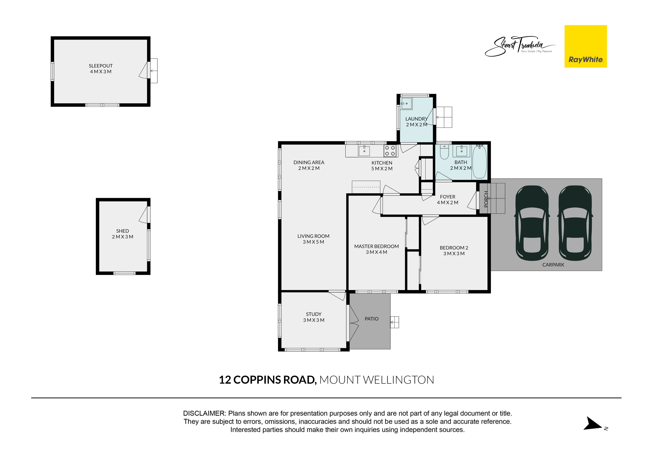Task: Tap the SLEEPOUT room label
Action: [101, 66]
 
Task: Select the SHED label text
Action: [123, 231]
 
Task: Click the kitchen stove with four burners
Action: [390, 151]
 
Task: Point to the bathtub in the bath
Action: [479, 162]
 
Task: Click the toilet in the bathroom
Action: [444, 152]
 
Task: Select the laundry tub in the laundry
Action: [406, 104]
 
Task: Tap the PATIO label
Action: [371, 319]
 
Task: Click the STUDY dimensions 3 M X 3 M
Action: [314, 320]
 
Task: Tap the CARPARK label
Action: [553, 265]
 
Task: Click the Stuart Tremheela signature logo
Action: [520, 46]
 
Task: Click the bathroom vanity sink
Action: [461, 151]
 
